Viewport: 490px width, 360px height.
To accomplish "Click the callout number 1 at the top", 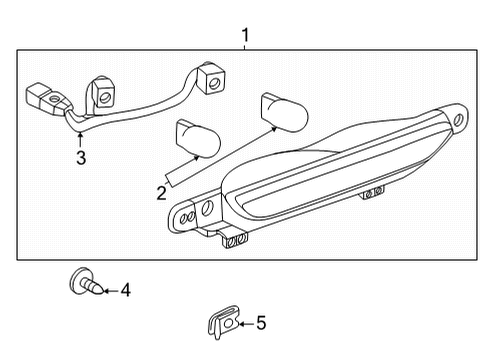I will click(x=245, y=37).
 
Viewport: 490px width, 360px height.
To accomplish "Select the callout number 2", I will click(x=160, y=192).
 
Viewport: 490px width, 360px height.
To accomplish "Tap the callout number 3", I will click(x=81, y=158).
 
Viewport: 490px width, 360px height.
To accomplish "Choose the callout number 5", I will click(x=260, y=322).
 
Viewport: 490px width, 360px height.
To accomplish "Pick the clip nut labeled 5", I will click(x=221, y=321).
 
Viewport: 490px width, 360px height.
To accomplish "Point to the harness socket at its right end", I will click(x=210, y=78).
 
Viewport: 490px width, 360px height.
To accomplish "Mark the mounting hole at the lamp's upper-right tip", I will click(x=458, y=121).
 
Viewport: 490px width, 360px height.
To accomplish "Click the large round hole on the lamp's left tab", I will click(x=207, y=208).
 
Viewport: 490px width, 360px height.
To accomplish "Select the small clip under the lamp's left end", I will click(x=235, y=240).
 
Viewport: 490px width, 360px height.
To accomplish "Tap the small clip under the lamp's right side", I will click(x=372, y=192).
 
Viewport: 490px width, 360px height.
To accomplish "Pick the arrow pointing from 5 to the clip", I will click(x=243, y=322).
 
